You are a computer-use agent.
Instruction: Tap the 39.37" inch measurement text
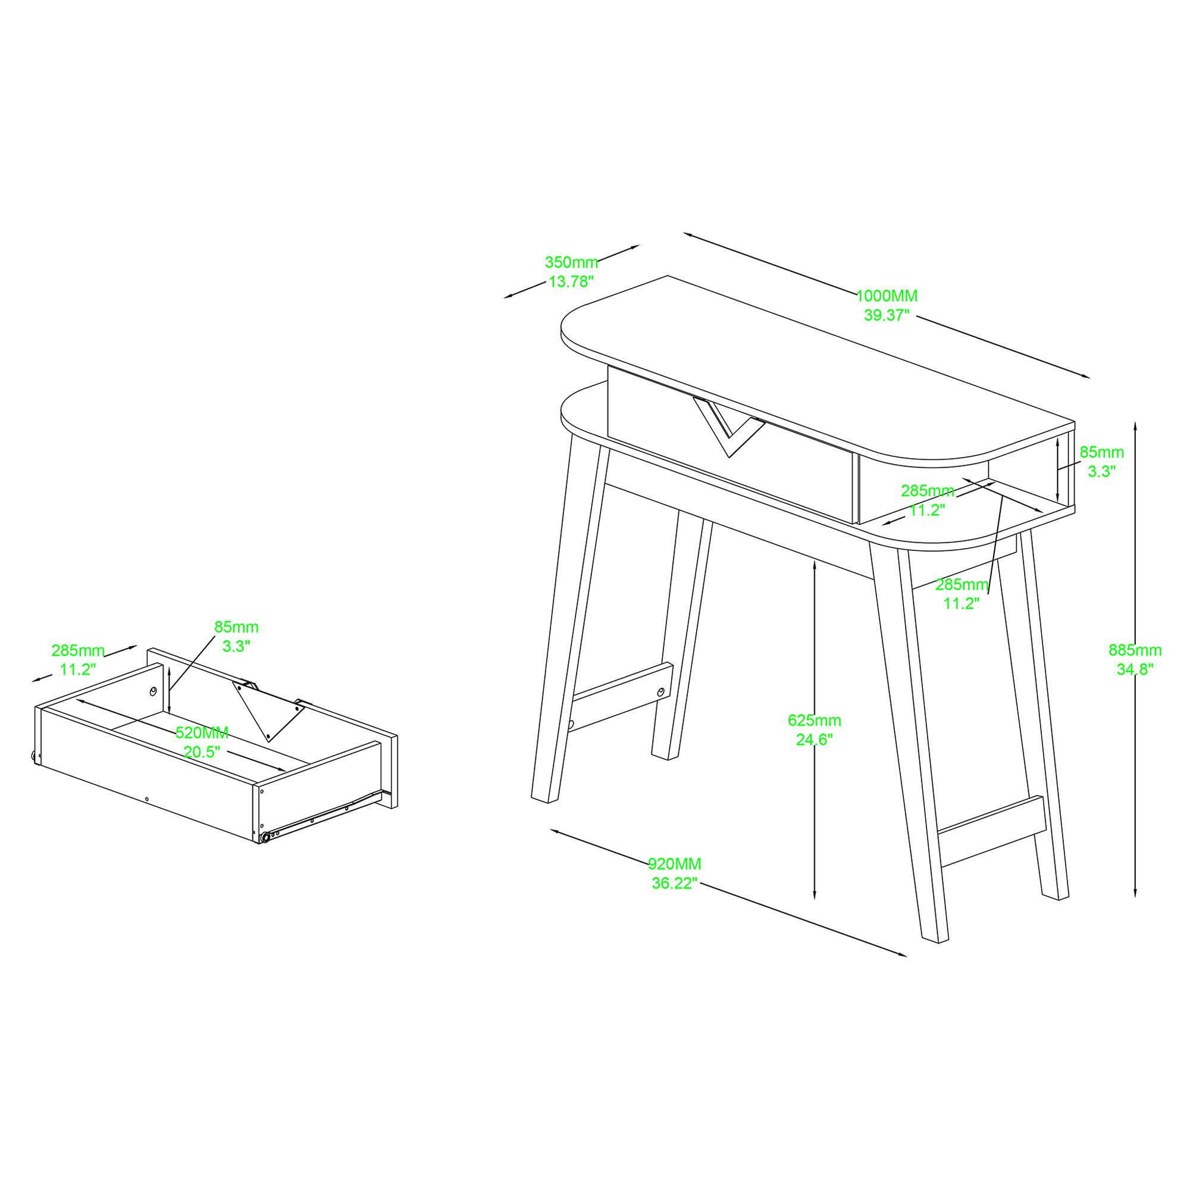click(x=887, y=315)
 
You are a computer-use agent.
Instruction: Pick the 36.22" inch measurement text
click(x=675, y=883)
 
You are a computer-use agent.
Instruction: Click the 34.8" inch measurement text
click(x=1135, y=669)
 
